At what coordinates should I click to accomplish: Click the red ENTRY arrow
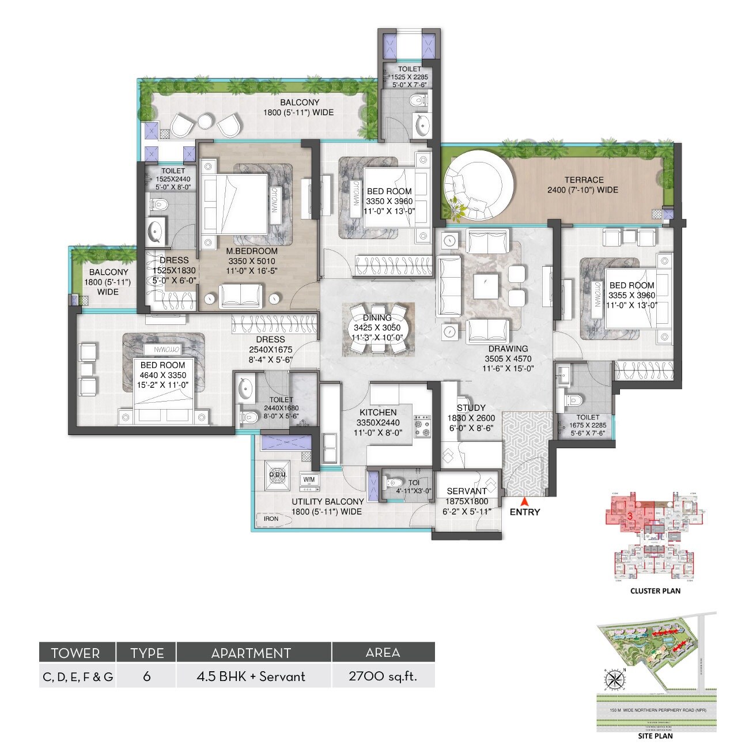pos(524,501)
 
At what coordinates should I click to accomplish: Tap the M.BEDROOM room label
pos(252,251)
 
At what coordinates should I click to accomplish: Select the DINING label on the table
pos(377,318)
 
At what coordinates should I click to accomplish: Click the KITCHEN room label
pos(378,412)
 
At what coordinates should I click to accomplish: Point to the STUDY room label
pos(471,407)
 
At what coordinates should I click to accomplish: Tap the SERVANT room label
pos(467,491)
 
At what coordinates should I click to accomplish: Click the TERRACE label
pos(584,180)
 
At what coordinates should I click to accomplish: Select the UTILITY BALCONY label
pos(327,501)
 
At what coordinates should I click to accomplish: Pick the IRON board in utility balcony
pos(271,519)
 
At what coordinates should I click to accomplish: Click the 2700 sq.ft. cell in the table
pos(383,676)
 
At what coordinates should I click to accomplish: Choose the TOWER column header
pos(75,653)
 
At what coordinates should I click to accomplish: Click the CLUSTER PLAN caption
pos(655,591)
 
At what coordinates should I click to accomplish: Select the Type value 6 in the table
pos(146,676)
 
